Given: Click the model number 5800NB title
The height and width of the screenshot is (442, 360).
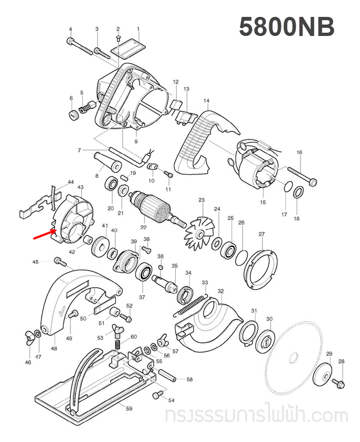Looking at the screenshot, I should pos(286,27).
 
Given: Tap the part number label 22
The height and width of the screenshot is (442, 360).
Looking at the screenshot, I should pos(143,227).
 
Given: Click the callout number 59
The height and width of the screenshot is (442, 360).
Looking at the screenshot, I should pos(129,409).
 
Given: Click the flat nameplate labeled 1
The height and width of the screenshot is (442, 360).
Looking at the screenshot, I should pos(127,49).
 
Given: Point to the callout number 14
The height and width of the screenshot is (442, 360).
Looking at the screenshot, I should pos(206,101).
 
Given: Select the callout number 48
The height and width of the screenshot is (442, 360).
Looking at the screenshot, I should pos(53,348).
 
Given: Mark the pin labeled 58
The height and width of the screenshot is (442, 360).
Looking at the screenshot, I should pos(166,376).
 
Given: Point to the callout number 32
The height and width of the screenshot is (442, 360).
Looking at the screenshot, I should pos(220,292).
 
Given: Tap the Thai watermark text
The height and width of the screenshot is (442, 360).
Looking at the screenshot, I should pos(256,417).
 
